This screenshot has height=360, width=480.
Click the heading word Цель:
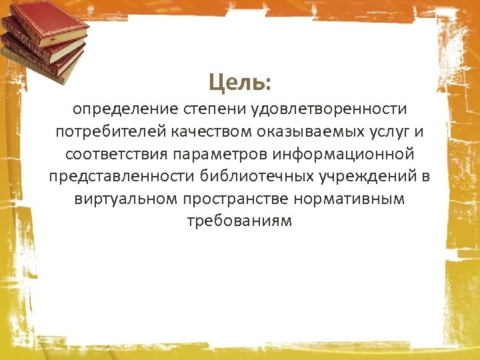pyautogui.click(x=239, y=83)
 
